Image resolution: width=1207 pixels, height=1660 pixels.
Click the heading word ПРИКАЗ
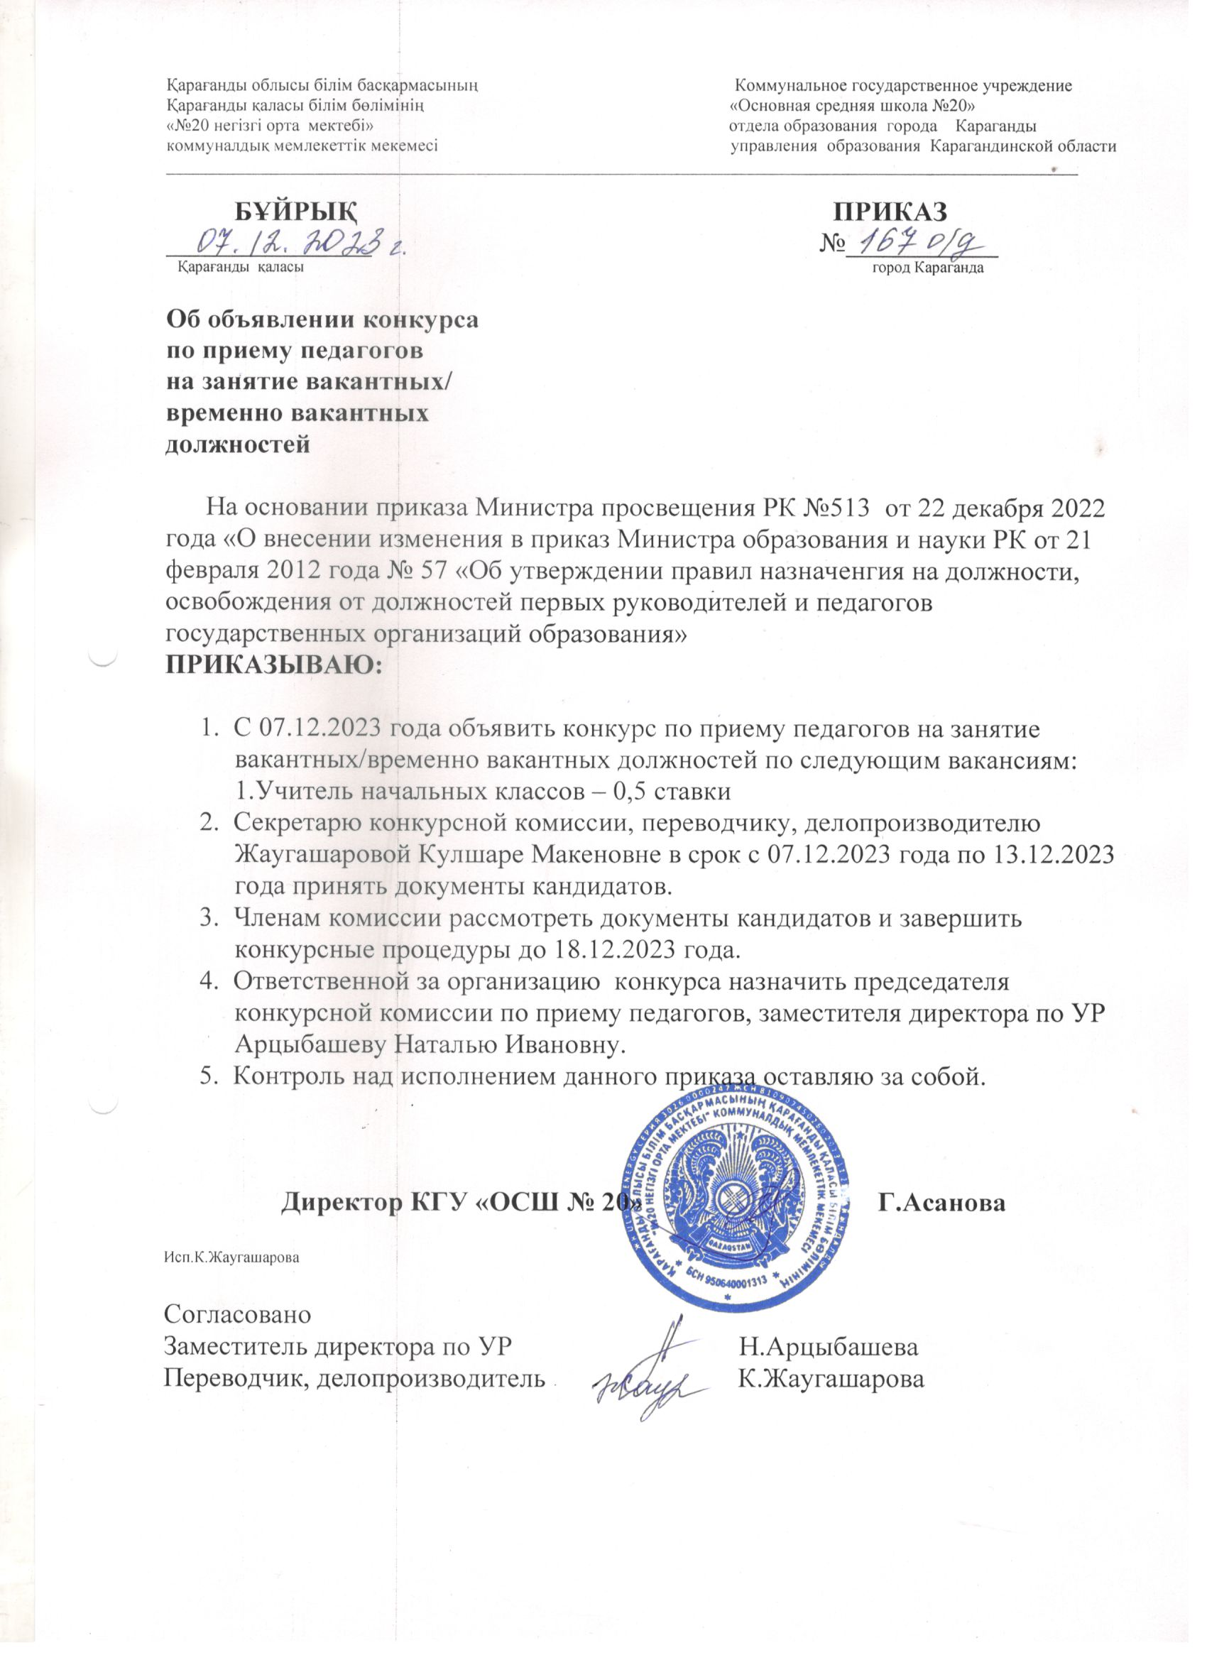[x=892, y=211]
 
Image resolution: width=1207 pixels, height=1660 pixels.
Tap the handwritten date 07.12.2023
[x=292, y=242]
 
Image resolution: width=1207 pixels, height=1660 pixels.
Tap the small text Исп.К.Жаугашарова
[x=232, y=1257]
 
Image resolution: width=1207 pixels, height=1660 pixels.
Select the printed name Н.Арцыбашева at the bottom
[x=829, y=1347]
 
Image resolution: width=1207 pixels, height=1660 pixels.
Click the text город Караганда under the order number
[x=927, y=267]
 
